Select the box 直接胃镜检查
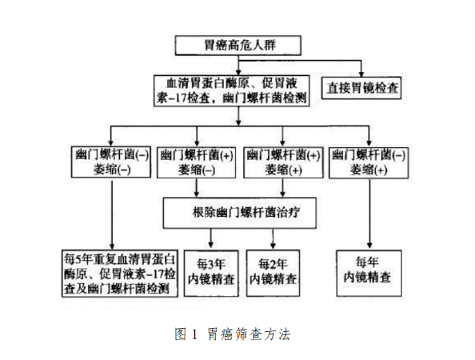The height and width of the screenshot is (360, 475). point(362,89)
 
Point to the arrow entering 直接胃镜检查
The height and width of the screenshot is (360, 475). point(362,69)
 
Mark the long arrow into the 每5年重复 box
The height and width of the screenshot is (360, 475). point(111,211)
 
